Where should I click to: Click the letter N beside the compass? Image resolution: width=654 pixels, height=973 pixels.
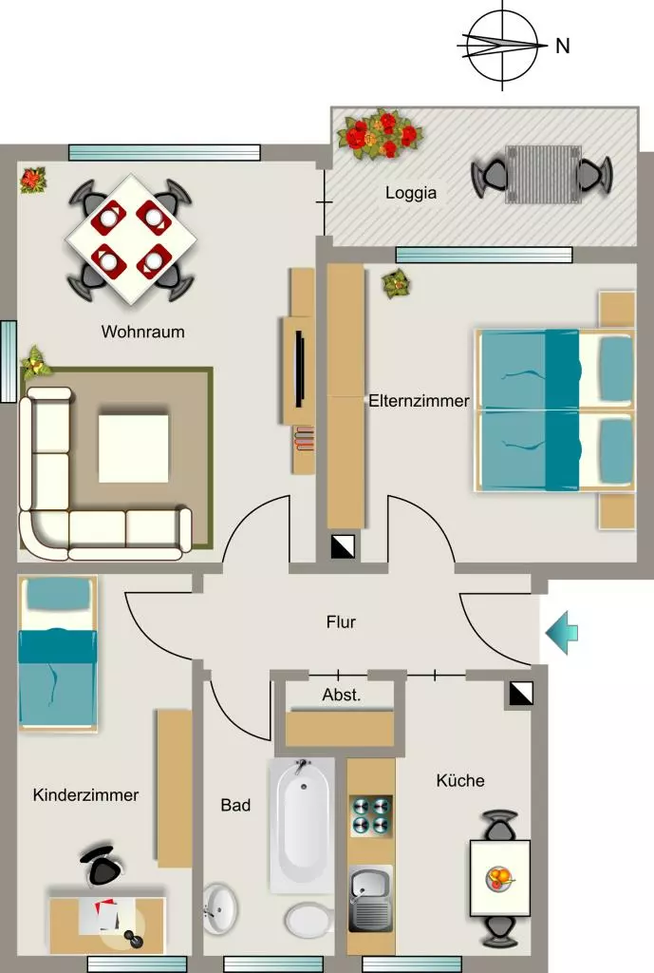(562, 46)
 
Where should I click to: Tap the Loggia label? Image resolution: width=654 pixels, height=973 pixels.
(411, 193)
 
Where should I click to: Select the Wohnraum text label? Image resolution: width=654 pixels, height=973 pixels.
(143, 332)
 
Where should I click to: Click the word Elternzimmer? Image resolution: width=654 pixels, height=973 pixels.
(419, 401)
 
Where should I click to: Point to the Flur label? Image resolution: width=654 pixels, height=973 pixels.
(341, 621)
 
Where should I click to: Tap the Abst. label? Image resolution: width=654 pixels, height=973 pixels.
(342, 695)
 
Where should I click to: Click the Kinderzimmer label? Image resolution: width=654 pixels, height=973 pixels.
(85, 795)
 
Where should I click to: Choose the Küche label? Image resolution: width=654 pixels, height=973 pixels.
(460, 780)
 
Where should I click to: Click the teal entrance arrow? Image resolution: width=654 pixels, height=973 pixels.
(562, 632)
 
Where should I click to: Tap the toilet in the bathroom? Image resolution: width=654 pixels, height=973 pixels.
(308, 920)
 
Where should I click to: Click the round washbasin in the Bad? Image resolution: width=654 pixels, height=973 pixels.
(219, 909)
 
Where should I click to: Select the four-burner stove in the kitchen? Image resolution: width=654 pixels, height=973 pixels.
(371, 815)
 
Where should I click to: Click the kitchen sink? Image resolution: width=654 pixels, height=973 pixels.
(371, 899)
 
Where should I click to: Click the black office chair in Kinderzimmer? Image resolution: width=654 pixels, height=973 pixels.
(103, 865)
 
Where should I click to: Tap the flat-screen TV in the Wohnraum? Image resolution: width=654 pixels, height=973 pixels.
(299, 370)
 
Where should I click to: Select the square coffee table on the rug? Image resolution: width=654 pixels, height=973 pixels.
(134, 448)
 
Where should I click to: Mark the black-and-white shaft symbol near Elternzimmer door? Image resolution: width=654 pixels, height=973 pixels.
(343, 546)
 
